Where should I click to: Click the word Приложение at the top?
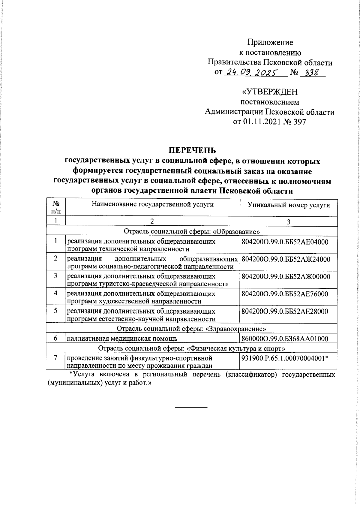tap(270, 42)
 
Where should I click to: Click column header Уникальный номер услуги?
tap(289, 205)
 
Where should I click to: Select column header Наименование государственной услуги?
tap(153, 205)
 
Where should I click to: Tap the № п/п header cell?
tap(56, 207)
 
